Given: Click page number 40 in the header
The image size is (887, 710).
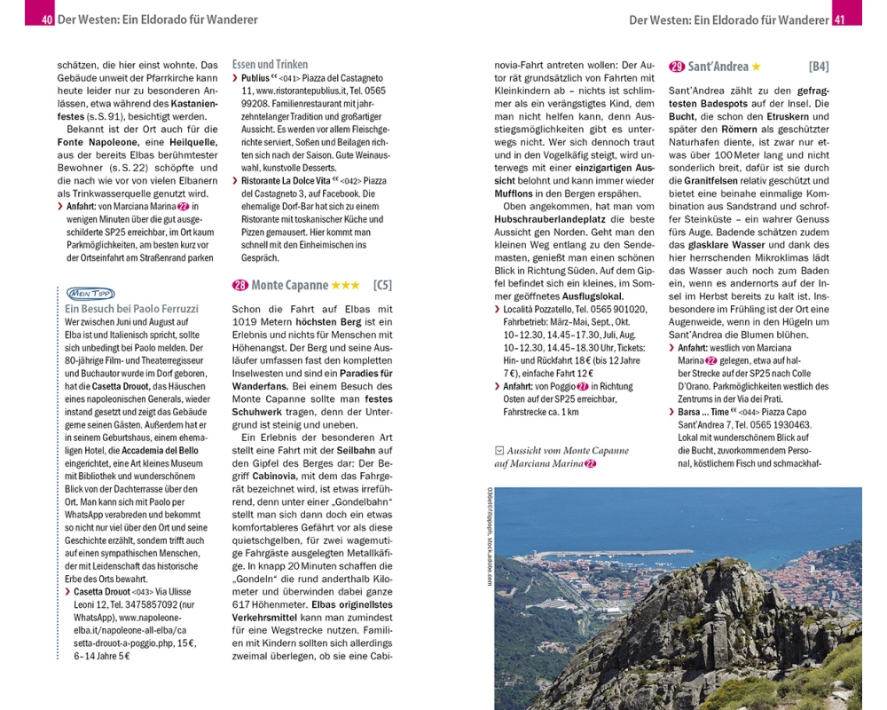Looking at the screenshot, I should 47,20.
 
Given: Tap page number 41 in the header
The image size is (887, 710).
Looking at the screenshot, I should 839,20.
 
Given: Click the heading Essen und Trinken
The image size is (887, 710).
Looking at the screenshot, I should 270,64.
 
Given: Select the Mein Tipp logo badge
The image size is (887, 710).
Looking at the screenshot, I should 90,294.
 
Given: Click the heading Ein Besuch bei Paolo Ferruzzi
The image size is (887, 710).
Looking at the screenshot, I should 131,309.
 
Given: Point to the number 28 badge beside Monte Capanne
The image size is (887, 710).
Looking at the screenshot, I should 239,285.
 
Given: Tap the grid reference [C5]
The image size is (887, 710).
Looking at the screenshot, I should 382,285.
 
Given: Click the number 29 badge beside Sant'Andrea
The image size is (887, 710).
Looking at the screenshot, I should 677,66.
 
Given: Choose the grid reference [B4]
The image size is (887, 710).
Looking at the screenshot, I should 819,66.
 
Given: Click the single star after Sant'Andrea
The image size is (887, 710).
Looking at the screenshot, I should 757,66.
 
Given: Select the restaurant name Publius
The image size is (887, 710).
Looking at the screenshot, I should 255,78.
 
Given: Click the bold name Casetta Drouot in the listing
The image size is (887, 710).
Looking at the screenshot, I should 102,592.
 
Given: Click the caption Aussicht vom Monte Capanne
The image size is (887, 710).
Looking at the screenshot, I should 561,451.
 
